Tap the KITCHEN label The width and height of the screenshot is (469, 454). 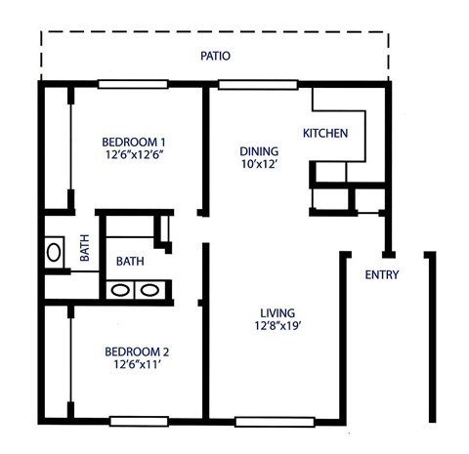[x=324, y=133]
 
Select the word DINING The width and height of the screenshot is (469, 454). [x=260, y=151]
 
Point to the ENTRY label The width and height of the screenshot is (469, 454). [x=381, y=274]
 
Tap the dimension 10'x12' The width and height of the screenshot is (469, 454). [x=260, y=167]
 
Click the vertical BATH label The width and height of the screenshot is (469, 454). [x=85, y=250]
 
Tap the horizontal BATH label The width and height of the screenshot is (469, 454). [x=131, y=262]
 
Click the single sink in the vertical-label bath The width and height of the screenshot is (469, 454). [x=54, y=253]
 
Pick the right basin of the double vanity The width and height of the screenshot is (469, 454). [x=149, y=289]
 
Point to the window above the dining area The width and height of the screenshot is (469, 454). [x=246, y=84]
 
